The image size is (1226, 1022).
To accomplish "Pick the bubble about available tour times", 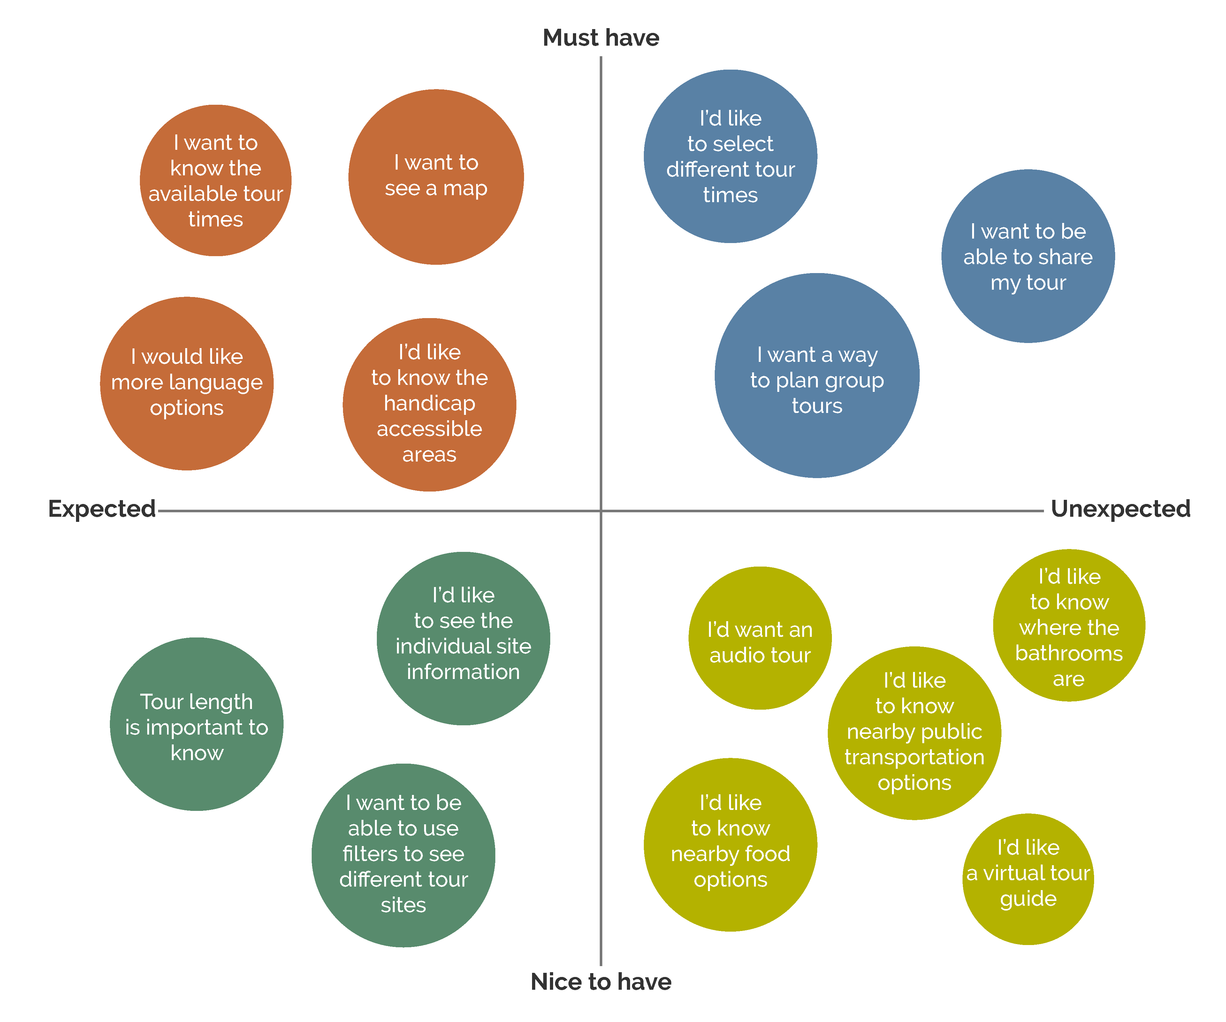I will coord(216,180).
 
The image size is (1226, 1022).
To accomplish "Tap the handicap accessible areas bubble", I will coord(429,404).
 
